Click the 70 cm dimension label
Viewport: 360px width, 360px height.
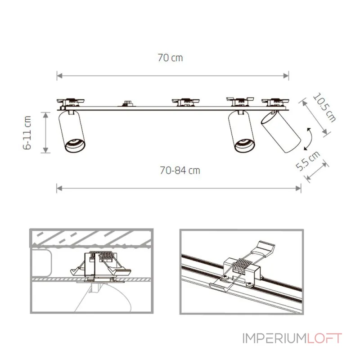[x=170, y=58]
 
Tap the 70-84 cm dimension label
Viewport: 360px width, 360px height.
[x=180, y=171]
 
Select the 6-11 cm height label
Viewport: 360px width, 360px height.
[x=27, y=133]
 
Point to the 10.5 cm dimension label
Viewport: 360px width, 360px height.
[x=324, y=107]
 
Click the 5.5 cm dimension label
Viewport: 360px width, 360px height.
[x=308, y=161]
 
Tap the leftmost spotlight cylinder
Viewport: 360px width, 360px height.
[x=72, y=131]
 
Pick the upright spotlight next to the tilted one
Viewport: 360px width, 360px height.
[x=242, y=131]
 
